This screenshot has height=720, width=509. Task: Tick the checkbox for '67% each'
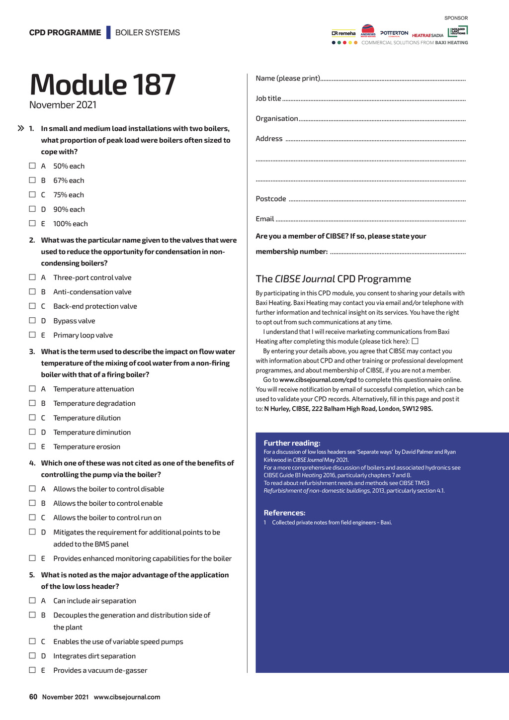[32, 180]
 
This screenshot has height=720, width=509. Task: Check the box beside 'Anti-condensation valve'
[32, 291]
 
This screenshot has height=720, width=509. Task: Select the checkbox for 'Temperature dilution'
[32, 417]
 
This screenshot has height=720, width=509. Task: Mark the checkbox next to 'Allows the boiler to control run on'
[32, 517]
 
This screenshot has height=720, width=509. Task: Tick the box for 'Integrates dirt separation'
[32, 655]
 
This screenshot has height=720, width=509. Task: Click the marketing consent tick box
[415, 341]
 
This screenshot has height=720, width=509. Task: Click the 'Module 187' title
[102, 85]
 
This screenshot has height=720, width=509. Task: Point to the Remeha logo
[343, 34]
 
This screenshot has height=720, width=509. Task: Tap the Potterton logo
[394, 33]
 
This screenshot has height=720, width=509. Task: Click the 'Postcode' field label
[271, 199]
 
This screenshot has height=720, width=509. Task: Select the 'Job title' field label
[268, 98]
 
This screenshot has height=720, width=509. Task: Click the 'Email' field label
[265, 219]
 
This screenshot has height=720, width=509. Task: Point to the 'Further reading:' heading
[292, 443]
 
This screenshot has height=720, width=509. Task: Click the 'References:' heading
[284, 513]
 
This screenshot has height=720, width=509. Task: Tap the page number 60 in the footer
[33, 697]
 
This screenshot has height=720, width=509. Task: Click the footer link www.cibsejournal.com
[127, 697]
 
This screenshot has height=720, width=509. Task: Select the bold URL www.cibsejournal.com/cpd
[318, 380]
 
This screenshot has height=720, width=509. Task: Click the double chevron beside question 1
[21, 128]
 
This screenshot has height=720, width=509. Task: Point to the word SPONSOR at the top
[456, 18]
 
